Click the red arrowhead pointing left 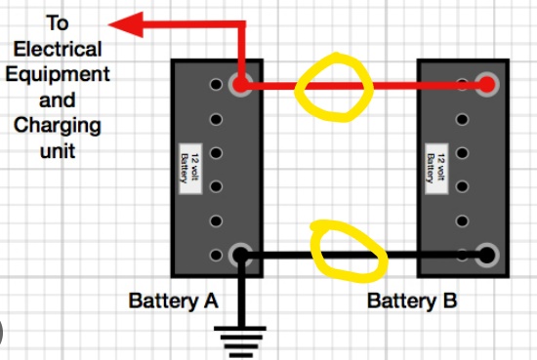pos(125,24)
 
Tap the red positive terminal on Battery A pos(241,84)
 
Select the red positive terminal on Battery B pos(486,84)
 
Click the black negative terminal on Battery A pos(241,255)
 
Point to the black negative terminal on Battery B pos(486,255)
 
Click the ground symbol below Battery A pos(240,342)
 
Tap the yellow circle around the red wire pos(298,90)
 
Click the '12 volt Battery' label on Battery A pos(190,169)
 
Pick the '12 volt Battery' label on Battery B pos(436,169)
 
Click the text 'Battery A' pos(173,301)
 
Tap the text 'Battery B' pos(412,301)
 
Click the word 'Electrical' pos(58,49)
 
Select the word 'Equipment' pos(58,75)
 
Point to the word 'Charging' pos(58,126)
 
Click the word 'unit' pos(58,150)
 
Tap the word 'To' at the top pos(58,23)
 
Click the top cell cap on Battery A pos(216,84)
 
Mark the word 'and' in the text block pos(58,100)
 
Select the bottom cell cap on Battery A pos(216,255)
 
